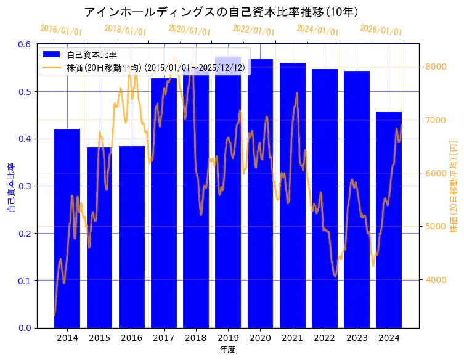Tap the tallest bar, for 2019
click(228, 197)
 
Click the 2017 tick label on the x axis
click(163, 338)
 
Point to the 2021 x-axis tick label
click(292, 338)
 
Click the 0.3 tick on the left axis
click(25, 186)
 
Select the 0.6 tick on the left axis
click(25, 44)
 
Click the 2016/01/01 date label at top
click(61, 30)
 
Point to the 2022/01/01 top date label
click(253, 30)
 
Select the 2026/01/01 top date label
click(381, 30)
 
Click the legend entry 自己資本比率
click(92, 55)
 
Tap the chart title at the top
click(221, 12)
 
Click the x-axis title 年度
click(227, 350)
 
